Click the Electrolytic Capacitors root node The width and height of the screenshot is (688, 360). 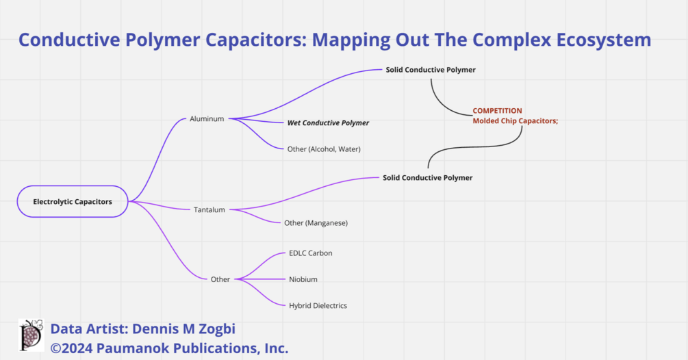pyautogui.click(x=73, y=201)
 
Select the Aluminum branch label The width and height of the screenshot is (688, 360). pyautogui.click(x=207, y=118)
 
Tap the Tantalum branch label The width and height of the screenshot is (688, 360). pyautogui.click(x=209, y=209)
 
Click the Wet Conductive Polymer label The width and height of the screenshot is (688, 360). pyautogui.click(x=328, y=123)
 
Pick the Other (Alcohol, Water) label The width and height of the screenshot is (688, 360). pyautogui.click(x=324, y=149)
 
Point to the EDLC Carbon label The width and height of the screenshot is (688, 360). pyautogui.click(x=310, y=253)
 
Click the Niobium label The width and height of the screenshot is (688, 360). pyautogui.click(x=303, y=279)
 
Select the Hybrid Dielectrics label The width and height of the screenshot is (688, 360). pyautogui.click(x=318, y=305)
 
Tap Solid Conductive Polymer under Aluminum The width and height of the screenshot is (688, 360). pyautogui.click(x=430, y=70)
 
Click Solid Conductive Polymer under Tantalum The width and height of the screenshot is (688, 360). pyautogui.click(x=427, y=178)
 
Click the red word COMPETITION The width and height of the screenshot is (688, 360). pyautogui.click(x=497, y=110)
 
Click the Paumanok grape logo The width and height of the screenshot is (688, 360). pyautogui.click(x=31, y=335)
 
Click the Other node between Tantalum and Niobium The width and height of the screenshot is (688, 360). pyautogui.click(x=220, y=279)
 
